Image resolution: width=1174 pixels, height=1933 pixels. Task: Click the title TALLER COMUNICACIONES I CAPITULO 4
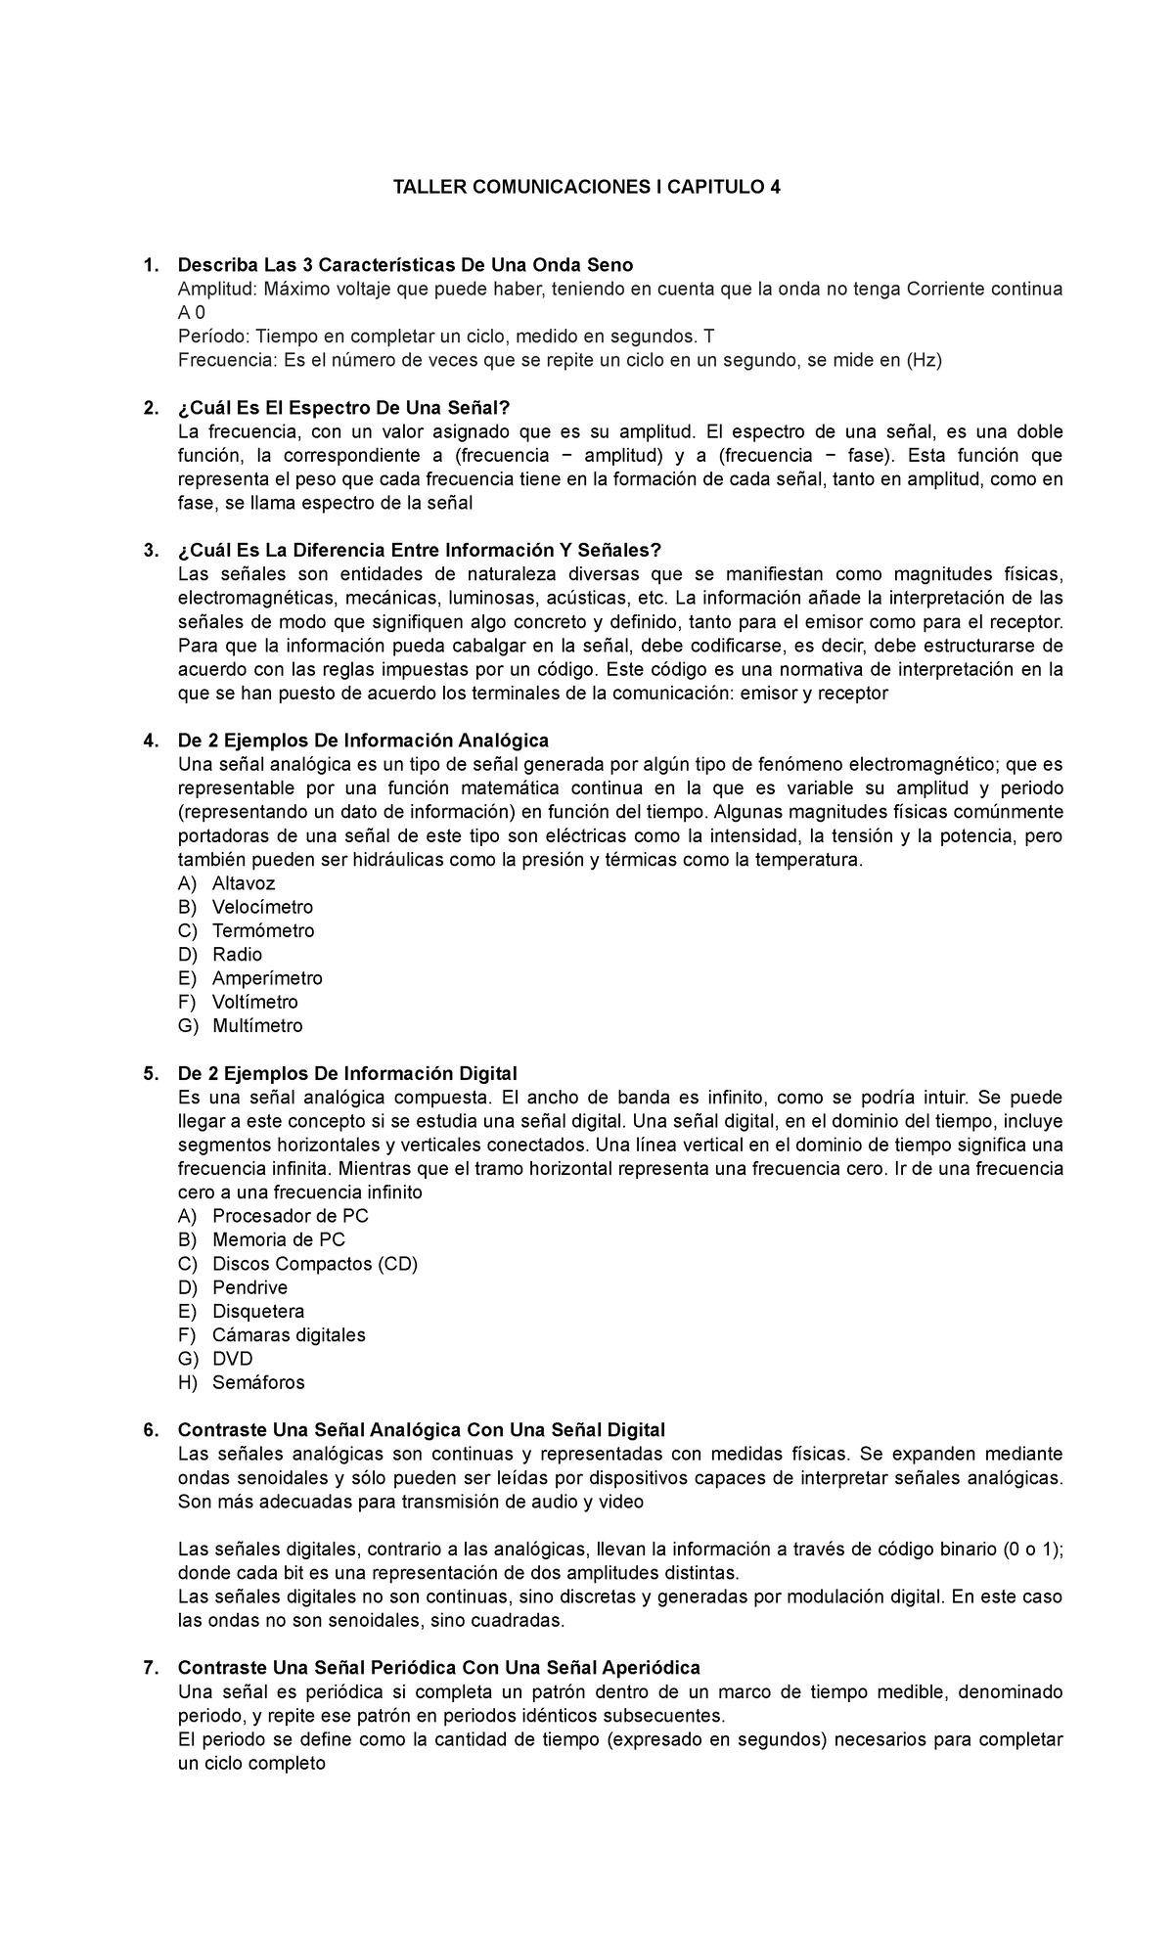(586, 188)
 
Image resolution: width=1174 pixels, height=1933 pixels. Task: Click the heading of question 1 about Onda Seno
(405, 265)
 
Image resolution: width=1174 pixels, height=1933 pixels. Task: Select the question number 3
(150, 551)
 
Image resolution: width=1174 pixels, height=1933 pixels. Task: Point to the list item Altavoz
(244, 883)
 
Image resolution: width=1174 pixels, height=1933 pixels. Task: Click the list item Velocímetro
(262, 907)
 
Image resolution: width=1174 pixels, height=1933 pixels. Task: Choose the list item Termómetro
(263, 931)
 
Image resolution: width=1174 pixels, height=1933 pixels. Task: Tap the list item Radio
(237, 955)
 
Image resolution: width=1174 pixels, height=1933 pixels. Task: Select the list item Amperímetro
(267, 978)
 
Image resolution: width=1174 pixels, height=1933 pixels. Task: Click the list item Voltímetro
(254, 1003)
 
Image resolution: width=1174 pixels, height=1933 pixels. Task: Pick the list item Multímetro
(257, 1026)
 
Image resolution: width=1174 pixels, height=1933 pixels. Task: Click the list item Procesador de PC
(291, 1216)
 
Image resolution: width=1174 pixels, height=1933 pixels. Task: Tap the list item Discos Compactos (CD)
(315, 1264)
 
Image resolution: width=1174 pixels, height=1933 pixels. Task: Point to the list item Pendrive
(249, 1288)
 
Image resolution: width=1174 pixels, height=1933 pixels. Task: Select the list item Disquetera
(258, 1312)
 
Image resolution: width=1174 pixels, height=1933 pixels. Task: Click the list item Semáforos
(258, 1383)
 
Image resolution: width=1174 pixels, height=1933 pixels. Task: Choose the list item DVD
(233, 1360)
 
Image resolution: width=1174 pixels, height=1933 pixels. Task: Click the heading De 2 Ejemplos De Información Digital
(347, 1074)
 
